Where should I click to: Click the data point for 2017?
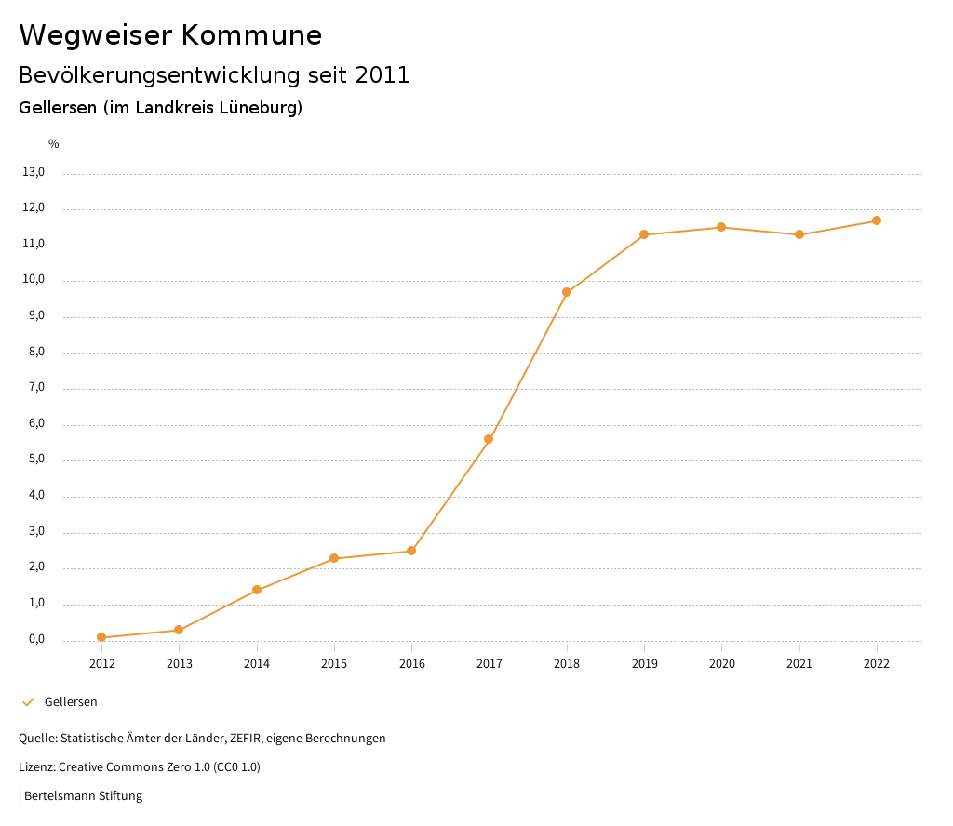tap(489, 439)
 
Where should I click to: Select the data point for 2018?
tap(567, 292)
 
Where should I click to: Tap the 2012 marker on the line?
tap(101, 637)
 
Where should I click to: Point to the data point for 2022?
tap(877, 220)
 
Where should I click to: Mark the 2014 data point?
tap(257, 590)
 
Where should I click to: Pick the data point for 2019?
tap(644, 234)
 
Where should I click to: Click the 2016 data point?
tap(411, 551)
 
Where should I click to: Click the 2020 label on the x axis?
tap(721, 663)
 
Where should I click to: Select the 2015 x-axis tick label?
tap(334, 663)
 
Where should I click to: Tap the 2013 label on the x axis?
tap(179, 663)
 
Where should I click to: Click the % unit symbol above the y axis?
tap(54, 144)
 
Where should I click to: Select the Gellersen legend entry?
tap(71, 701)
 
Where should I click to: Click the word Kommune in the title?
tap(251, 35)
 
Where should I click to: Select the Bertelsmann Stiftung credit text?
tap(83, 795)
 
